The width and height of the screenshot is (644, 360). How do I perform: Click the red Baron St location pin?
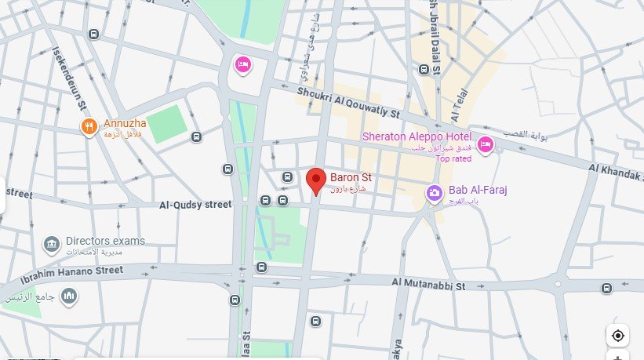tap(315, 180)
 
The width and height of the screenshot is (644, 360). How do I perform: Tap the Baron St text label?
tap(350, 177)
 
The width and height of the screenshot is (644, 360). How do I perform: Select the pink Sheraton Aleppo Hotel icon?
tap(485, 143)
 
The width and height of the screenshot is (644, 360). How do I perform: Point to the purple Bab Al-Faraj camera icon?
tap(433, 191)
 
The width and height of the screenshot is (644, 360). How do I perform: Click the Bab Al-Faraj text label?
tap(479, 191)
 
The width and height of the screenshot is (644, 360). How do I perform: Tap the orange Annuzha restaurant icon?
tap(89, 125)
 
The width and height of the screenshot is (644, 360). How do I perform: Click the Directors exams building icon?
tap(52, 244)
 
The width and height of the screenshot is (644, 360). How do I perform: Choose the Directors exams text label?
tap(105, 241)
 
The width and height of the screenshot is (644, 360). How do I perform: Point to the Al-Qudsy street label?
tap(195, 205)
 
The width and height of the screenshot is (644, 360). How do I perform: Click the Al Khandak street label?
tap(616, 173)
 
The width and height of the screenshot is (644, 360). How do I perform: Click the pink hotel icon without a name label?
tap(243, 63)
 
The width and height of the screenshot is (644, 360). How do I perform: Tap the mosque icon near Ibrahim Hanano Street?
tap(69, 295)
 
